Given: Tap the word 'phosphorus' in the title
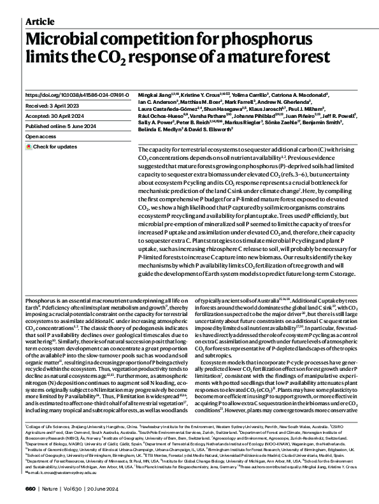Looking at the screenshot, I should pyautogui.click(x=278, y=38).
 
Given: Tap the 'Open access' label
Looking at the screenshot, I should pyautogui.click(x=41, y=136).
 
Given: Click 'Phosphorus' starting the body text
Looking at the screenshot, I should pyautogui.click(x=40, y=299).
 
